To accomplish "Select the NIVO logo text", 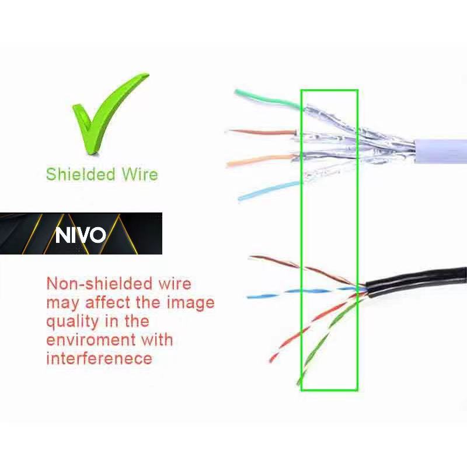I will point(81,235).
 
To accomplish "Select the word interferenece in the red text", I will point(99,358).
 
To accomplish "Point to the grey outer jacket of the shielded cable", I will point(441,151).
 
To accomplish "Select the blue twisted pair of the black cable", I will point(292,292).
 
